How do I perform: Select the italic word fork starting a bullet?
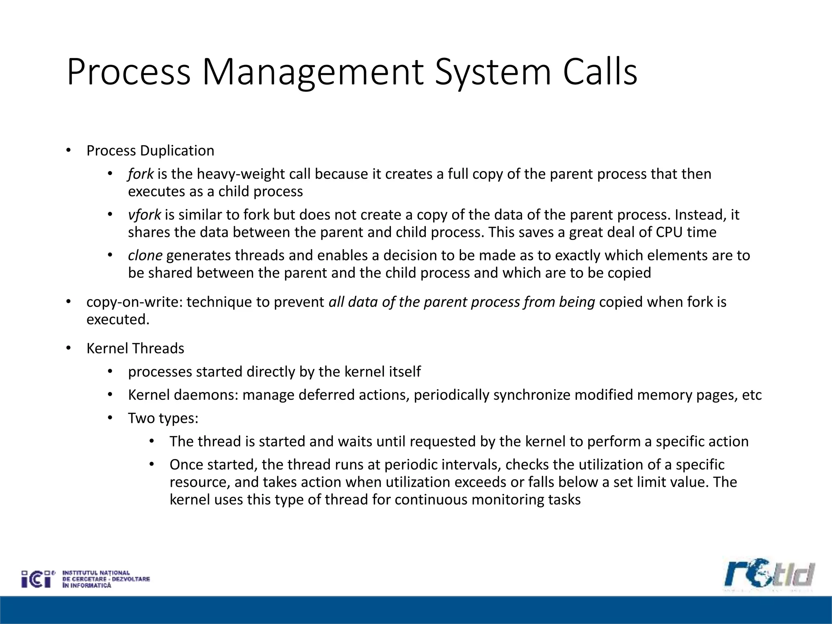pyautogui.click(x=141, y=174)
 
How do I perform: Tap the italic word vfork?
pyautogui.click(x=144, y=214)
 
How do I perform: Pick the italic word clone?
pyautogui.click(x=145, y=255)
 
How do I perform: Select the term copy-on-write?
pyautogui.click(x=134, y=302)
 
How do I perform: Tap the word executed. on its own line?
pyautogui.click(x=118, y=319)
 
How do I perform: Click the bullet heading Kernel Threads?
pyautogui.click(x=135, y=349)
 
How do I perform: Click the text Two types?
pyautogui.click(x=163, y=418)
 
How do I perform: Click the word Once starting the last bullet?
pyautogui.click(x=188, y=464)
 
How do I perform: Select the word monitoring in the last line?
pyautogui.click(x=507, y=499)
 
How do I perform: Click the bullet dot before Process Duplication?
pyautogui.click(x=68, y=151)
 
